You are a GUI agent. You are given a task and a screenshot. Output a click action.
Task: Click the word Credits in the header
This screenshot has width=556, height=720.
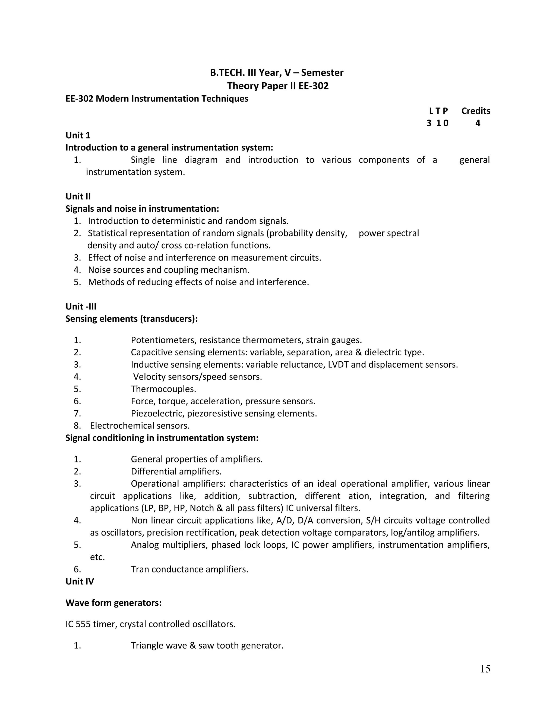(475, 111)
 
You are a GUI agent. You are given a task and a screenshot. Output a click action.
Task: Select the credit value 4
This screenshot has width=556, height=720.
(477, 123)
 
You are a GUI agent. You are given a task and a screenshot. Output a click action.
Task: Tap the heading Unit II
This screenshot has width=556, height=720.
(78, 196)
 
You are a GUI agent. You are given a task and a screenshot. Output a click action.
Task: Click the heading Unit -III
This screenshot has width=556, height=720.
(81, 306)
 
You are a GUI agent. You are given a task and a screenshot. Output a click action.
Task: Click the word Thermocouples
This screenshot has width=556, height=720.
(163, 389)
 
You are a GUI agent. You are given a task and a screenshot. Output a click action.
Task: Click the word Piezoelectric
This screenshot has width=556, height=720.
(157, 414)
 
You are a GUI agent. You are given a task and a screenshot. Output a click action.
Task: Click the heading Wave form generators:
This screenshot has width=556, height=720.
(113, 603)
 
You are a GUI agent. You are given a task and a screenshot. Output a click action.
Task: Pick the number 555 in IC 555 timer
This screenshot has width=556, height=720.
(83, 624)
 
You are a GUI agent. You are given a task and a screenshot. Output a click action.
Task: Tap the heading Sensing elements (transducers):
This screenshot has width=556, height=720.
(131, 319)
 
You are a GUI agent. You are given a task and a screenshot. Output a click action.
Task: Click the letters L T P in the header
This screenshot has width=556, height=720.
(438, 111)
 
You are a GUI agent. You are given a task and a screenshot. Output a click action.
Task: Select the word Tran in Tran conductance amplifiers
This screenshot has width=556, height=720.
(140, 569)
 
